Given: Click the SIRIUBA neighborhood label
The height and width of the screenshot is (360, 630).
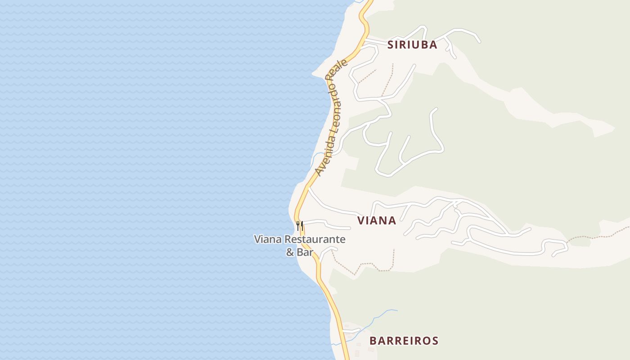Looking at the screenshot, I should [x=412, y=45].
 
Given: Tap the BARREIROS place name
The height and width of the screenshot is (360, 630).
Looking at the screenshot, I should [x=404, y=341].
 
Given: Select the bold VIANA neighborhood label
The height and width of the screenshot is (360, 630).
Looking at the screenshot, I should [x=377, y=220].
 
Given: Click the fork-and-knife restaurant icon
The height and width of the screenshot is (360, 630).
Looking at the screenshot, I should [x=300, y=225].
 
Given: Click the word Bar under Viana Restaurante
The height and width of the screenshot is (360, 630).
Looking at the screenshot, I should [x=305, y=252].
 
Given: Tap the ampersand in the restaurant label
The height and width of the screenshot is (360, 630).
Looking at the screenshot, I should [x=290, y=252].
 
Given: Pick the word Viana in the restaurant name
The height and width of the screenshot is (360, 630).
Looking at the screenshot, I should [x=268, y=239].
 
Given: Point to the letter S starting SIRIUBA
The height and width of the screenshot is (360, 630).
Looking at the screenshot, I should [x=391, y=45].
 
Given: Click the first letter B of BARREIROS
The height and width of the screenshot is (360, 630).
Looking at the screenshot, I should [x=373, y=341].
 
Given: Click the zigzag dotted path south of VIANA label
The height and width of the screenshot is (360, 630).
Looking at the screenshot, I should [x=360, y=267].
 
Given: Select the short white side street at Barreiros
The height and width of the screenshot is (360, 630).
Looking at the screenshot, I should [x=351, y=331].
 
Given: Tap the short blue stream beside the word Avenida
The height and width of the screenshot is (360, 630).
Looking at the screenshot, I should [x=318, y=155].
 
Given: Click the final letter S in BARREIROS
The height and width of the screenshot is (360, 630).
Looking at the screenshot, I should [x=435, y=341].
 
